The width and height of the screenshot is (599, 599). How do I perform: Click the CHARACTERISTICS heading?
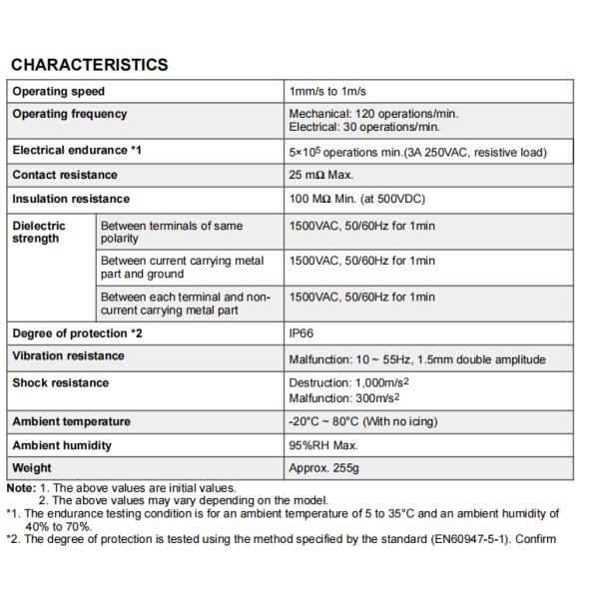(89, 65)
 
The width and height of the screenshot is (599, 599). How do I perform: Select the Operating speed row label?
(58, 92)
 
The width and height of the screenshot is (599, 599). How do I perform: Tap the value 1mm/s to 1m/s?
(334, 92)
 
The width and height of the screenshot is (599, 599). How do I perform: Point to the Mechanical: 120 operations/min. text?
(373, 114)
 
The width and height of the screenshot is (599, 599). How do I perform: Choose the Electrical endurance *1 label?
(77, 152)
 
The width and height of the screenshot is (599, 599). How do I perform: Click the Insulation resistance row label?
(70, 199)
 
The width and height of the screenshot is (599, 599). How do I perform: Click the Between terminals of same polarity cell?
(171, 233)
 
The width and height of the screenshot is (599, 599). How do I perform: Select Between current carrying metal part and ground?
(182, 268)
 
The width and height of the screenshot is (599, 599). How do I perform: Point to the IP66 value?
(302, 333)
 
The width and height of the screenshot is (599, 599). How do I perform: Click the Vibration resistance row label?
(68, 356)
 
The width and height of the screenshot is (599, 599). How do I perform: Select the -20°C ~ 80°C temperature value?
(362, 422)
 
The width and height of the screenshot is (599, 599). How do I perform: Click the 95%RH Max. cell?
(322, 445)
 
